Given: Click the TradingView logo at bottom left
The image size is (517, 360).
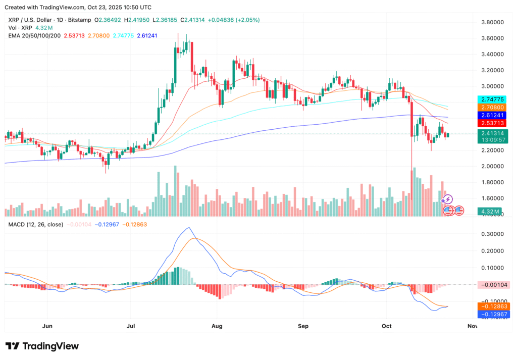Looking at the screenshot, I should pyautogui.click(x=42, y=346).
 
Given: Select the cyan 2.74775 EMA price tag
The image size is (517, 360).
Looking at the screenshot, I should pyautogui.click(x=492, y=99).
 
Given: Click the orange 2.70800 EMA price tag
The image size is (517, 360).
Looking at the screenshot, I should pyautogui.click(x=492, y=108).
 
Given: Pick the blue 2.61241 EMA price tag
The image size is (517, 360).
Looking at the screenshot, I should pyautogui.click(x=492, y=115).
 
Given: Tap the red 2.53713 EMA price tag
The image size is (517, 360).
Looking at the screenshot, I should pyautogui.click(x=492, y=123).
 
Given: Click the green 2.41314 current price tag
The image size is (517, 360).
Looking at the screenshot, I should pyautogui.click(x=492, y=133).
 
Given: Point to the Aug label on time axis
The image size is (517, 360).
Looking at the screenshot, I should pyautogui.click(x=218, y=326).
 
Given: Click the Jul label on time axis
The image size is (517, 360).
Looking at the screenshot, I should pyautogui.click(x=131, y=326).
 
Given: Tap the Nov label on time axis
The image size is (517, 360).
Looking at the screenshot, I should pyautogui.click(x=472, y=326).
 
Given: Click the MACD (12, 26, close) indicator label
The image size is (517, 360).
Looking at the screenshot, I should pyautogui.click(x=33, y=224).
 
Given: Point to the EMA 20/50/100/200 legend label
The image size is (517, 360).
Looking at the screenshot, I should pyautogui.click(x=34, y=35).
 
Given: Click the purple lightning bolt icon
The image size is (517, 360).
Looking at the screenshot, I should pyautogui.click(x=448, y=199).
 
